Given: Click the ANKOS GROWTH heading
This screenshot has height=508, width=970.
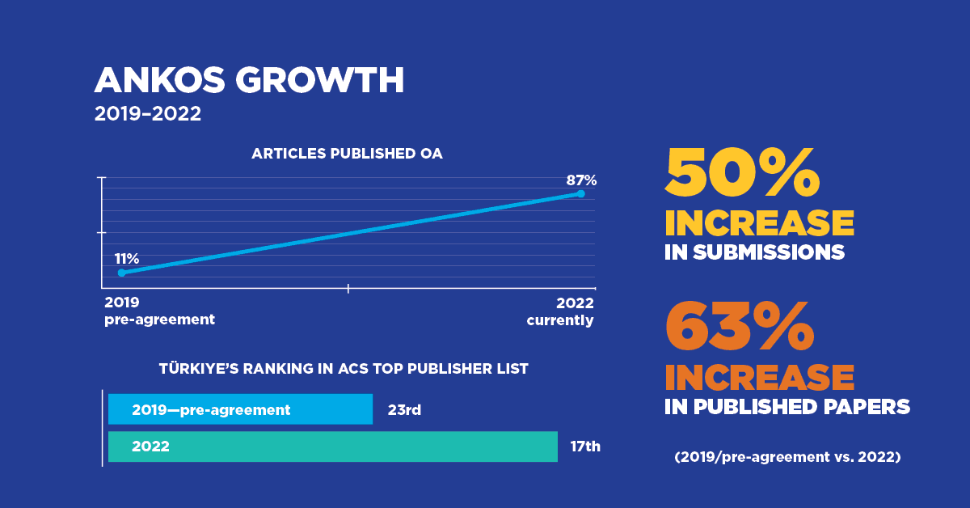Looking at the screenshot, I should (x=249, y=81).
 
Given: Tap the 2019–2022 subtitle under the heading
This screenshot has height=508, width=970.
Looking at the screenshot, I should (x=147, y=114).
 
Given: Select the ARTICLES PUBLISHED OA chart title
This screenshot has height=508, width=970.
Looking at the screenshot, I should (x=347, y=154).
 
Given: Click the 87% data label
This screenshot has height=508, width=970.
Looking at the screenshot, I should (x=581, y=180).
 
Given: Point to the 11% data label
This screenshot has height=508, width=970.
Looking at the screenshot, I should (x=127, y=259).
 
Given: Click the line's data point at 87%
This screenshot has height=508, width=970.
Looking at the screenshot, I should (x=581, y=193).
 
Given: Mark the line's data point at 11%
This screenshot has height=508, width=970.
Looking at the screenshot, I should (x=122, y=273).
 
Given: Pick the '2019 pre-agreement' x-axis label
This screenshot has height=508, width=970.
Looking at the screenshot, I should (x=160, y=311).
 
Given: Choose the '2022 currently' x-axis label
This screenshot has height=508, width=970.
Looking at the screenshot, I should (x=560, y=311).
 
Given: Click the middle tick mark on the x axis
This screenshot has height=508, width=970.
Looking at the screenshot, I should (x=348, y=288).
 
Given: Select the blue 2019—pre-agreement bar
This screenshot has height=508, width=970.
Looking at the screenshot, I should (x=240, y=409).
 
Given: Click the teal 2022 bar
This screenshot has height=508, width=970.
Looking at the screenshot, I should (x=332, y=446).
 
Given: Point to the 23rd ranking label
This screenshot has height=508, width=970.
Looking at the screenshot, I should (x=404, y=410).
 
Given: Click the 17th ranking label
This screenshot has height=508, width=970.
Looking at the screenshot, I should (x=584, y=446).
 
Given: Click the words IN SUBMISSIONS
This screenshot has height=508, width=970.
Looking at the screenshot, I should (x=754, y=252).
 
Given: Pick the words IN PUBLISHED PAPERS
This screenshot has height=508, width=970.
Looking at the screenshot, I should (x=787, y=407).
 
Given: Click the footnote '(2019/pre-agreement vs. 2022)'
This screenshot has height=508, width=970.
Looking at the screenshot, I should (x=787, y=457).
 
